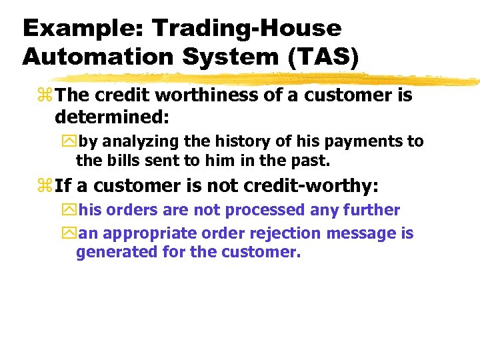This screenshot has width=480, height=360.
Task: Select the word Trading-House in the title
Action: tap(247, 28)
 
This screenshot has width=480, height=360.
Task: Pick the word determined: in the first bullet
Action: tap(112, 117)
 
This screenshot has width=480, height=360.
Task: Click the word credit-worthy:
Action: tap(315, 185)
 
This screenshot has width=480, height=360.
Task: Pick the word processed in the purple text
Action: tap(263, 211)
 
